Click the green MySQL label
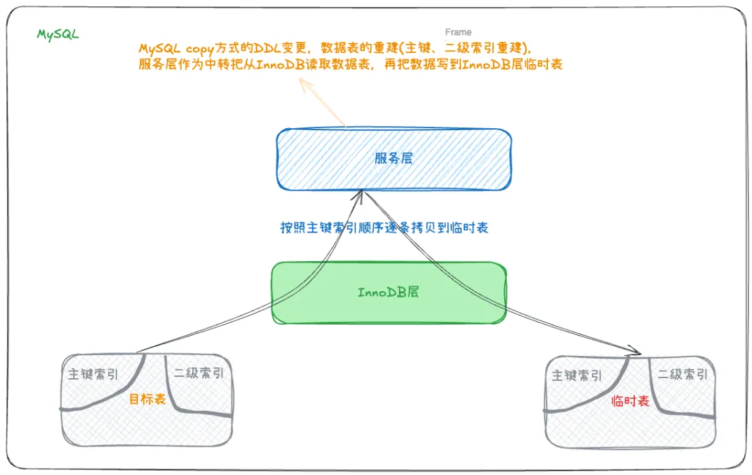tap(58, 33)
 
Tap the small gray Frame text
tap(458, 32)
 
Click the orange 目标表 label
tap(148, 399)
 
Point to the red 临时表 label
tap(630, 401)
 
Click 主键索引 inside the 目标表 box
tap(93, 374)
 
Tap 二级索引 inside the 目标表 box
tap(199, 373)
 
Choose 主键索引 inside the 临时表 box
tap(577, 375)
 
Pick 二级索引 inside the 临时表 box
tap(682, 375)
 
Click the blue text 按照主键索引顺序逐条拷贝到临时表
tap(384, 228)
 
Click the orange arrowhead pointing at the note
tap(304, 84)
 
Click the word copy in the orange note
tap(201, 49)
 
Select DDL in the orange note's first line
tap(261, 49)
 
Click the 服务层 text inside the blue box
tap(393, 158)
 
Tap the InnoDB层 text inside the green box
tap(389, 292)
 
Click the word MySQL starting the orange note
tap(159, 49)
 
